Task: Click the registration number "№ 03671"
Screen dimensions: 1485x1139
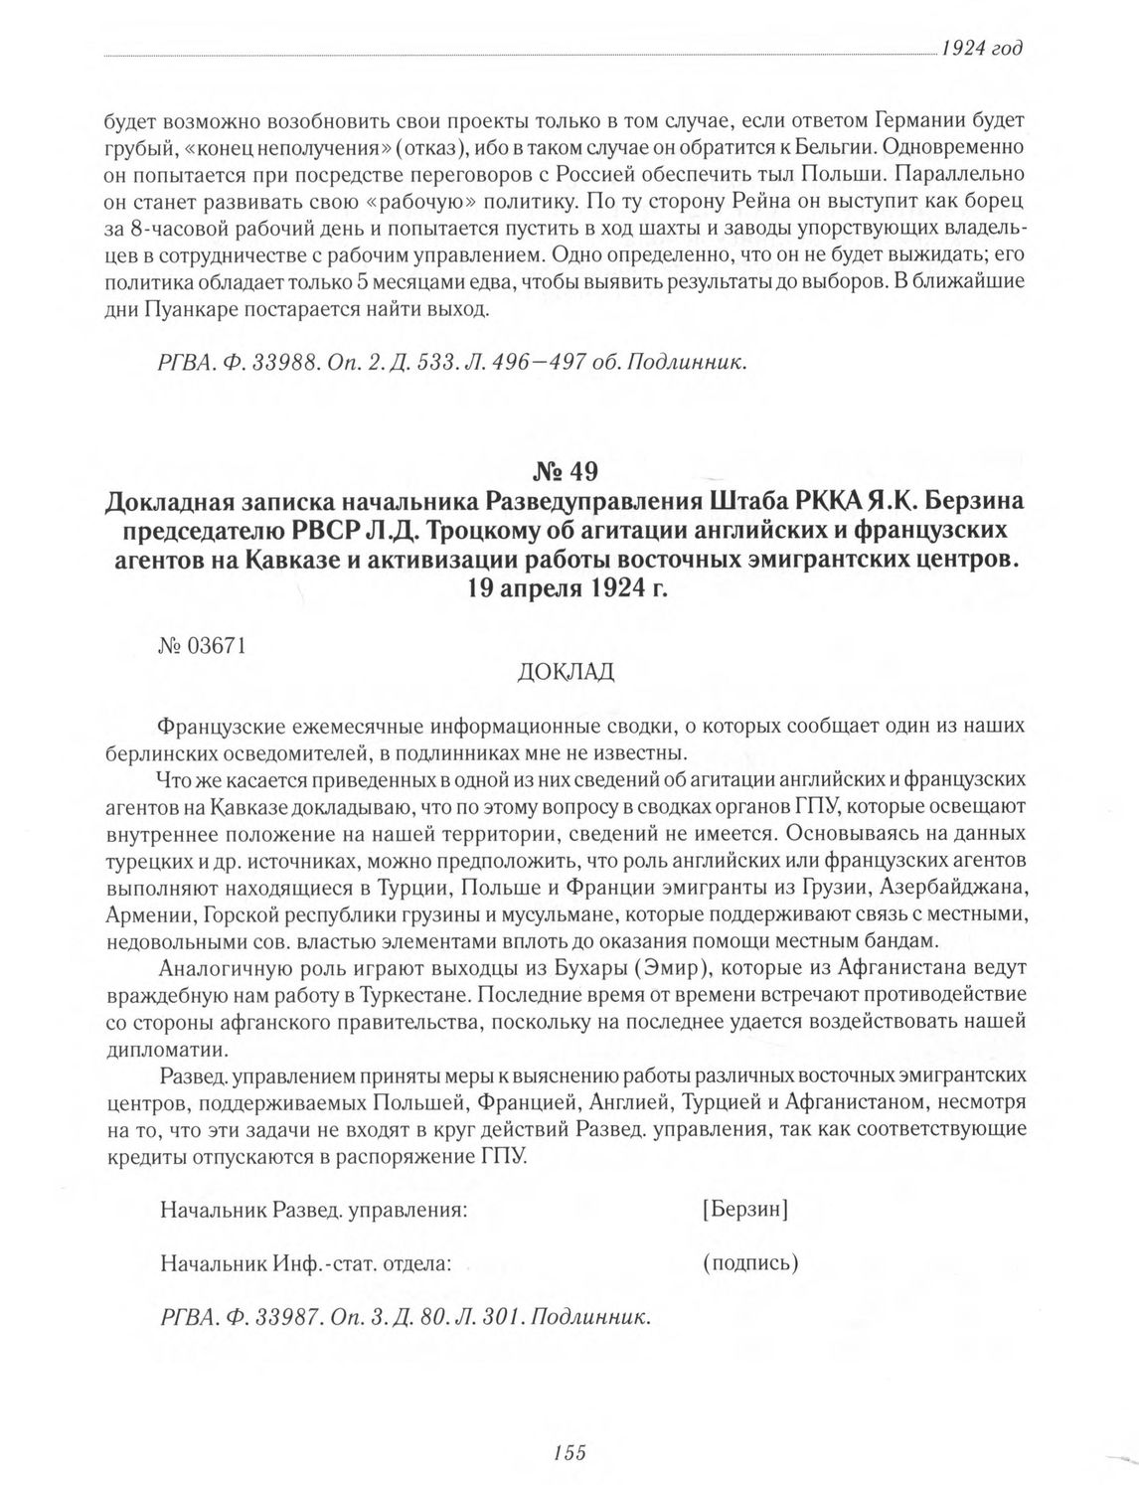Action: [x=203, y=644]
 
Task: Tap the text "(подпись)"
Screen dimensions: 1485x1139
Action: [x=749, y=1263]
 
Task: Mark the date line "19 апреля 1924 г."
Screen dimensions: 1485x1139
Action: [x=569, y=586]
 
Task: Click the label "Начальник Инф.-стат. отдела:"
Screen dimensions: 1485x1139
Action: [x=306, y=1263]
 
